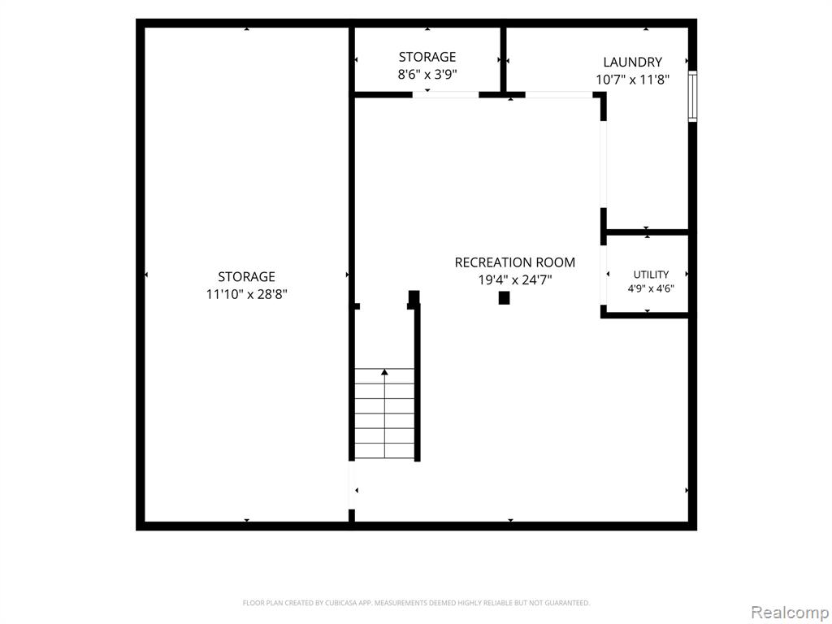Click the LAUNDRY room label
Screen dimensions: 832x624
click(632, 62)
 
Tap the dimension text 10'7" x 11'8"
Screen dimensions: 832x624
click(632, 80)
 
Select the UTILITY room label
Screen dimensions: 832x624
click(651, 275)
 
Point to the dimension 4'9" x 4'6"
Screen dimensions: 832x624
click(651, 288)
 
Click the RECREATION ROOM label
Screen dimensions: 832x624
click(514, 262)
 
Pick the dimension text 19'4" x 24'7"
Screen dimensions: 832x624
click(514, 279)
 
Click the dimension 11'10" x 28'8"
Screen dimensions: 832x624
click(247, 294)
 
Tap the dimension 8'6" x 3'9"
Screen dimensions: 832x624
click(427, 74)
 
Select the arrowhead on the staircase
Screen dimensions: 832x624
click(384, 372)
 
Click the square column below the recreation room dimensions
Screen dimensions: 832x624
click(504, 297)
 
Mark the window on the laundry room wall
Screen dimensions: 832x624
click(692, 96)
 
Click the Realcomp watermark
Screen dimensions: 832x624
click(789, 612)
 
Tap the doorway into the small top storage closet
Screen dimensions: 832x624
click(446, 95)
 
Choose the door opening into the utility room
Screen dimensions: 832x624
click(604, 275)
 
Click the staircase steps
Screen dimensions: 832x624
click(384, 414)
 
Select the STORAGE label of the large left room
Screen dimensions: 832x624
click(247, 276)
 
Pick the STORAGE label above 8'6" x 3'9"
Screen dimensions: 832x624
click(427, 57)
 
